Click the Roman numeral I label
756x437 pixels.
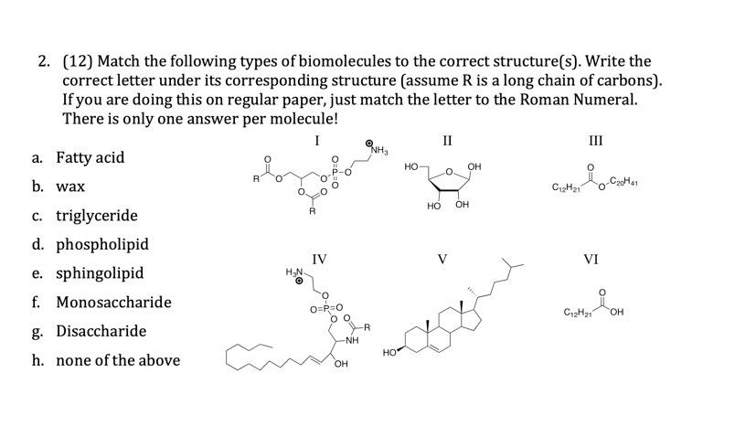[x=316, y=141]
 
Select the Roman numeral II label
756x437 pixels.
[x=446, y=141]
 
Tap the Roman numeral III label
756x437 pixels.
[x=596, y=141]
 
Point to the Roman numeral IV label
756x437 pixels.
[x=318, y=260]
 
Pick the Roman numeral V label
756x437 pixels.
[x=442, y=260]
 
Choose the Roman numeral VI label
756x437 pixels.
[x=591, y=260]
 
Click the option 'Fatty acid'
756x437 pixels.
[x=90, y=157]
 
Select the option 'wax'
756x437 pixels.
[x=71, y=187]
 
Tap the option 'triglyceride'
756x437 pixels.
[x=97, y=216]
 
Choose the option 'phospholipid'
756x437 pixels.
[x=101, y=244]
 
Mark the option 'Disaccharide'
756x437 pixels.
[x=101, y=331]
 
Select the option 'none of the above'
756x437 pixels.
[x=118, y=360]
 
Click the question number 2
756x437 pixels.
[x=44, y=62]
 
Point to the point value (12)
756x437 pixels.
[x=77, y=62]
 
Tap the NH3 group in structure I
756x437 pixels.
[x=378, y=149]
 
